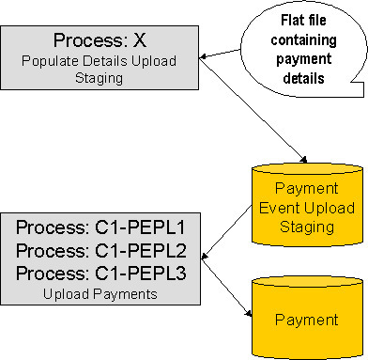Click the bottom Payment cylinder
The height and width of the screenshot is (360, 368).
[307, 319]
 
